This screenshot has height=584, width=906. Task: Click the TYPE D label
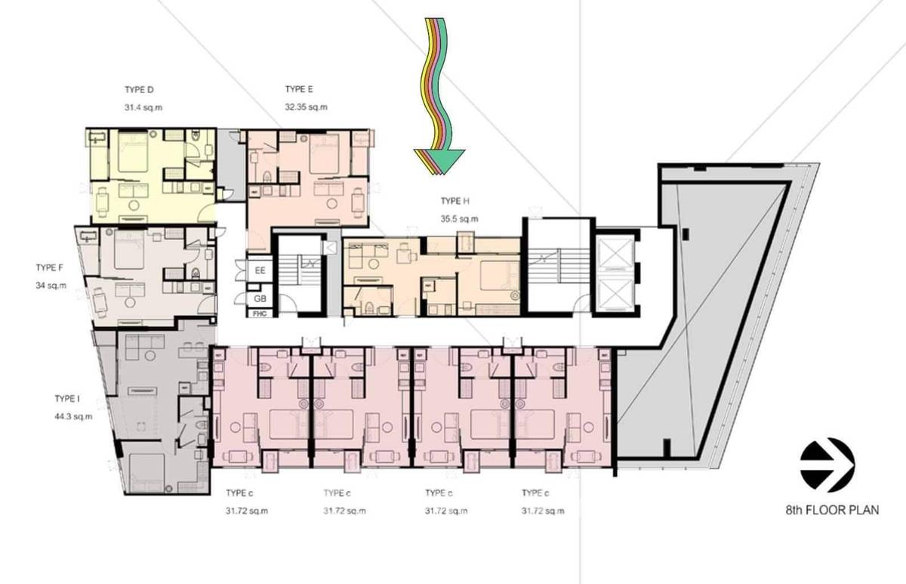139,89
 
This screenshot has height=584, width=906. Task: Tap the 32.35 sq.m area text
307,107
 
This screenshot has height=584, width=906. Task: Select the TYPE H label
455,201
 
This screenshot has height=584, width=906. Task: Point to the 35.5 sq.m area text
460,219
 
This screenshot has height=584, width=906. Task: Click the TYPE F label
49,267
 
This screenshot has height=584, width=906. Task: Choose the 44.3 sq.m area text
73,416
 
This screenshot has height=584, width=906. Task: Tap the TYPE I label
67,399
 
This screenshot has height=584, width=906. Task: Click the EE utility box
260,270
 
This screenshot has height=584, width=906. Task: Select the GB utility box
260,298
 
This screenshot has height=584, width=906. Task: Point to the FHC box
260,314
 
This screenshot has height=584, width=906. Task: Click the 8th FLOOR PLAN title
832,510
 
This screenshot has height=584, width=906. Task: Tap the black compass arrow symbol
827,465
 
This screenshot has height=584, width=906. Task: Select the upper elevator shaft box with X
615,254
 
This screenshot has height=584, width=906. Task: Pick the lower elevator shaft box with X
615,294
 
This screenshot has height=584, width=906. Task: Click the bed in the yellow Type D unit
133,152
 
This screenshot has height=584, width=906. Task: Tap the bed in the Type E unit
325,154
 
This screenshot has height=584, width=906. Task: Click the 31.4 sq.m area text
143,107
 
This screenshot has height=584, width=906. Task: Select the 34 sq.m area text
51,286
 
